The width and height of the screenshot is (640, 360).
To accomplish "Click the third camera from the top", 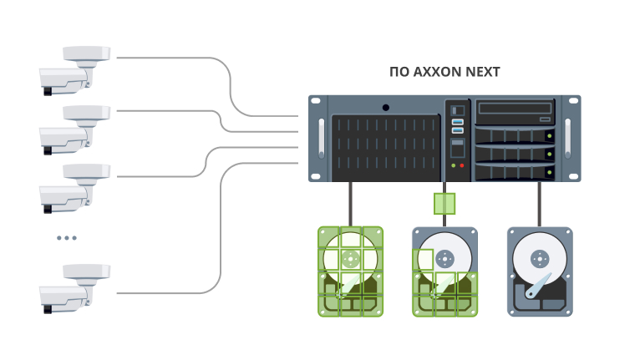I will click(75, 185).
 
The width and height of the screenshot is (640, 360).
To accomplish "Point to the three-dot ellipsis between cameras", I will click(67, 238).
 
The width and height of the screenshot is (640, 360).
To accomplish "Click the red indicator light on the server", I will click(462, 165).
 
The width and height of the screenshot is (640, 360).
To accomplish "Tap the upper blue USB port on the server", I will click(457, 122).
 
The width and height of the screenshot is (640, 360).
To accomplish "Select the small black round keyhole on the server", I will click(385, 107).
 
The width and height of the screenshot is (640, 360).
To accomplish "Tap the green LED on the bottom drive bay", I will click(549, 171).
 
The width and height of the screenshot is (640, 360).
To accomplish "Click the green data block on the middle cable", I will click(444, 203).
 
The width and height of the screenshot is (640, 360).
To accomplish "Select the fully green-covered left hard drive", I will click(350, 271).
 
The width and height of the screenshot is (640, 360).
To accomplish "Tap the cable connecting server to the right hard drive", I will click(539, 204).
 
